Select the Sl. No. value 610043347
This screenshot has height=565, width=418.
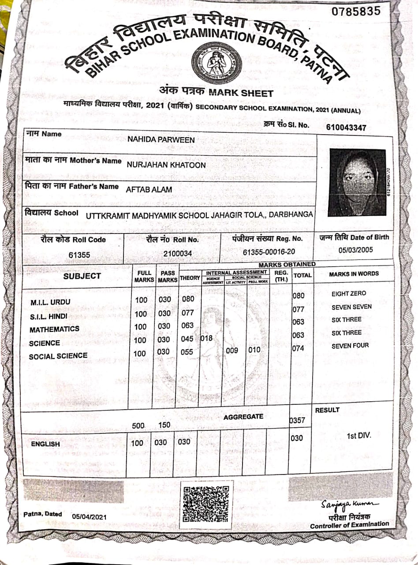pos(346,128)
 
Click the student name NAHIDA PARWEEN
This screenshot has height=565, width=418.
pos(161,140)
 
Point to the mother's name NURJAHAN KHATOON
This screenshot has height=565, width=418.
pos(166,165)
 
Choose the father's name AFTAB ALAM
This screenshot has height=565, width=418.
pos(149,190)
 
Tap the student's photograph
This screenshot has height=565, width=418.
pos(357,182)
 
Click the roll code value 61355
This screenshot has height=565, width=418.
pos(79,255)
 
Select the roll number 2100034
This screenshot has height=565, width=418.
pos(177,253)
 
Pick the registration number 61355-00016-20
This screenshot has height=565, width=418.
pos(269,252)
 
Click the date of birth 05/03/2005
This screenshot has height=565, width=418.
pos(355,250)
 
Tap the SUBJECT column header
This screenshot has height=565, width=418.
pos(82,276)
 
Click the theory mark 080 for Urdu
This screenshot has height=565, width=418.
pos(188,300)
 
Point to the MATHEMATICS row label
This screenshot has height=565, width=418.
pos(54,329)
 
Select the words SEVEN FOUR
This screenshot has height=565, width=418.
pos(350,346)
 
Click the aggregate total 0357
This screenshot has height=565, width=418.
pos(297,420)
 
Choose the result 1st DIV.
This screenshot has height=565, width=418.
pos(359,436)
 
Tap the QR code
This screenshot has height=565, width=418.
pos(206,502)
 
